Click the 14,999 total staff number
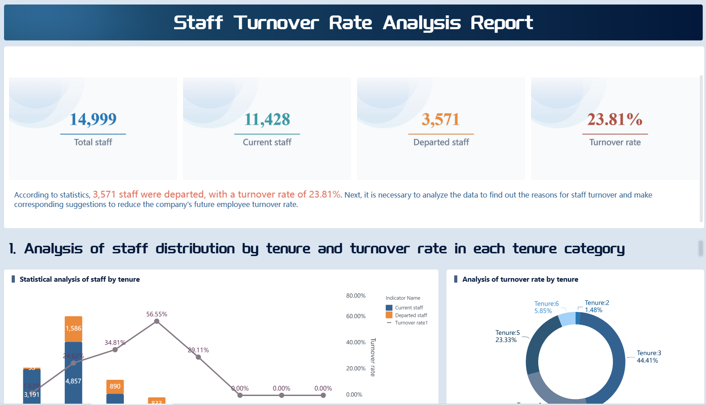[93, 119]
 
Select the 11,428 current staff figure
[267, 119]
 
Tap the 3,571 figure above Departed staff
[441, 119]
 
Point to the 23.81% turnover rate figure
[615, 119]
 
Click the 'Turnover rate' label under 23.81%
[615, 142]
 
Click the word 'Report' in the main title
[501, 23]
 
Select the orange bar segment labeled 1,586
[73, 328]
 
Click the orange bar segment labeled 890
[115, 387]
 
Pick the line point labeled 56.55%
[156, 321]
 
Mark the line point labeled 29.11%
[198, 357]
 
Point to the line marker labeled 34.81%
[115, 350]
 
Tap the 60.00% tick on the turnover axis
[356, 316]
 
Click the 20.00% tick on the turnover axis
[356, 369]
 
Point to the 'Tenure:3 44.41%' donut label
[648, 357]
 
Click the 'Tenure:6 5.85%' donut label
[546, 307]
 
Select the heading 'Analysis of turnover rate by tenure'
[520, 279]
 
